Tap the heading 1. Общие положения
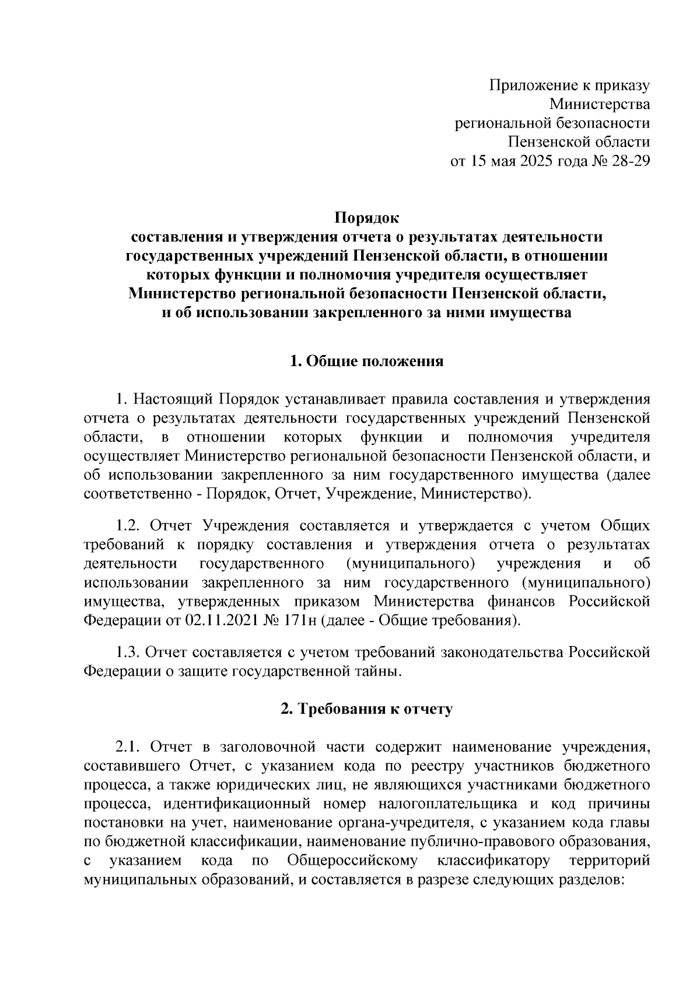coord(367,361)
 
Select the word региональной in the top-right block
coord(503,123)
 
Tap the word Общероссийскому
coord(353,861)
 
